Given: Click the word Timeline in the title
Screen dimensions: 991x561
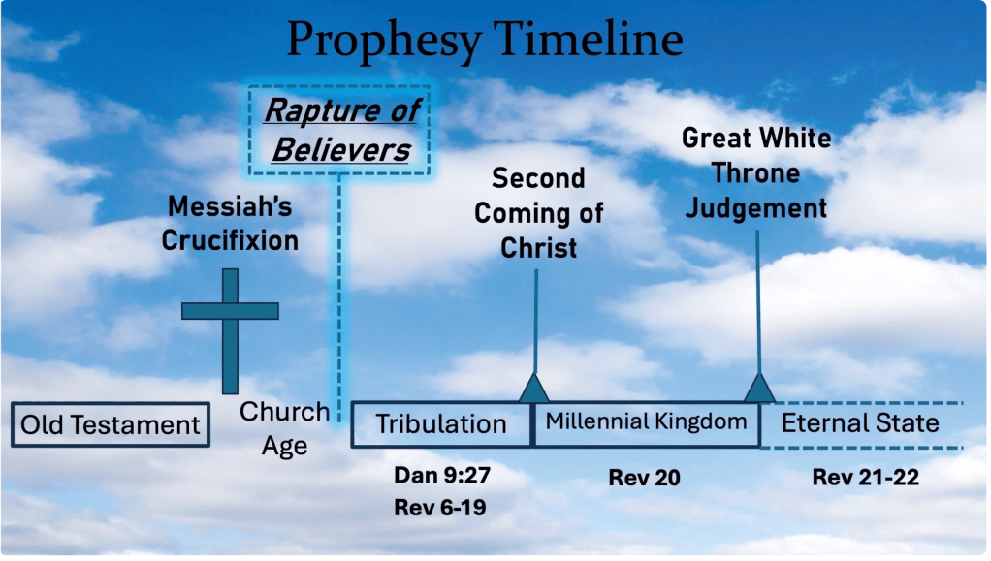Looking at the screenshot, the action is click(x=589, y=39).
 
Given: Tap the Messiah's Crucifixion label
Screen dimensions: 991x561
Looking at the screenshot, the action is click(x=230, y=224).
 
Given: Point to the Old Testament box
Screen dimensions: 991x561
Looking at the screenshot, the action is click(x=111, y=424).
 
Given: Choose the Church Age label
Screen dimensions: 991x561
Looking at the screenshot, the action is click(x=284, y=428).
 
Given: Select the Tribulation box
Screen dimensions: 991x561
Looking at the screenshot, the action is click(x=441, y=424).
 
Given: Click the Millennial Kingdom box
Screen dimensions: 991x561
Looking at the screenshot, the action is click(x=646, y=423).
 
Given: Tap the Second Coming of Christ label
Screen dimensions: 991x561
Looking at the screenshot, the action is click(x=538, y=213).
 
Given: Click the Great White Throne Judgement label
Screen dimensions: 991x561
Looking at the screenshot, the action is click(x=756, y=173).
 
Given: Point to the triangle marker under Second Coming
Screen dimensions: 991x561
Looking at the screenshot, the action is click(x=534, y=390).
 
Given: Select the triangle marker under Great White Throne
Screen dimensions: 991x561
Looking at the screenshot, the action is click(x=759, y=390).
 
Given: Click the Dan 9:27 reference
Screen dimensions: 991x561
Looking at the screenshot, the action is click(x=442, y=475).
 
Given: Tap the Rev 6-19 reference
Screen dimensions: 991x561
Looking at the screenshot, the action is click(x=440, y=508).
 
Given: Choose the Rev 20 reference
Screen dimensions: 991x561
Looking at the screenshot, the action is click(x=644, y=478).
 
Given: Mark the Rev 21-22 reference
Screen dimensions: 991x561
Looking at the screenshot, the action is click(x=865, y=477).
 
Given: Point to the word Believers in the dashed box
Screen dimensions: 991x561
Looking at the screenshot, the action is click(x=341, y=150).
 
